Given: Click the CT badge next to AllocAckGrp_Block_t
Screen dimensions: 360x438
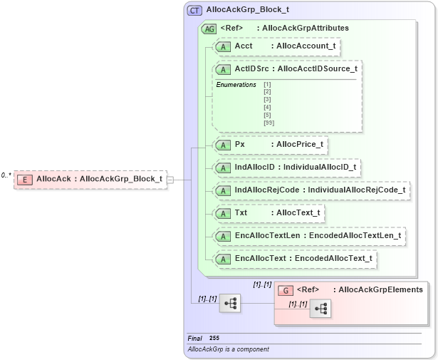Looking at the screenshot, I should pos(194,11).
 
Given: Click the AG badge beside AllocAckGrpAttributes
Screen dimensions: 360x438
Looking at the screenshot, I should pos(209,29).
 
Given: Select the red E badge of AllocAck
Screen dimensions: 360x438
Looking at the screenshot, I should pos(25,179).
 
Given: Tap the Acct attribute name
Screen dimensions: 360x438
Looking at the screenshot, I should pos(244,46).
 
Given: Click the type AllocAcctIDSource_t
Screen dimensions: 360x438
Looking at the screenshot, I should pos(317,69).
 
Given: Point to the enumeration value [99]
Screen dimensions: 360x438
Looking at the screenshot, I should pos(268,123).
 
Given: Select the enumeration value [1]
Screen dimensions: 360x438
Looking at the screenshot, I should pos(267,85).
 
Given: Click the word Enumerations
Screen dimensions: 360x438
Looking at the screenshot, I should pos(236,85).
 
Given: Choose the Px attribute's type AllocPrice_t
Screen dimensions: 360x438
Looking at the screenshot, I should pos(300,144).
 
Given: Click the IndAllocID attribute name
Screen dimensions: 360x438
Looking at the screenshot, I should pos(254,168).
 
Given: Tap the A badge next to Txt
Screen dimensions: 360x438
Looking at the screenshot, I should pos(222,213).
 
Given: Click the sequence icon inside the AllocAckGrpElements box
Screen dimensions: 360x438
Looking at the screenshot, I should pos(320,309).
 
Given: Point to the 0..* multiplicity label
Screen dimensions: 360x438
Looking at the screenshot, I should pos(6,175).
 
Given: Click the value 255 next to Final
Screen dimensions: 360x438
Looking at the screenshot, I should pos(214,338).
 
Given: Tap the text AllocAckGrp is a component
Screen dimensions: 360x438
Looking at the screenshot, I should pos(228,349).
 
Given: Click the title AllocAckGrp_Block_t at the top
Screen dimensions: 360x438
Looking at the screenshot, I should pos(247,11).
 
